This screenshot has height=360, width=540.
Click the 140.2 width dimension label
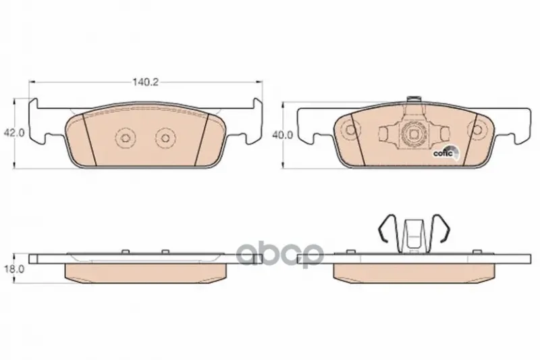click(145, 82)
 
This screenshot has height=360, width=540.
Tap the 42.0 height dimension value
click(13, 132)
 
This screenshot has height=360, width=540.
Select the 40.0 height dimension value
click(282, 135)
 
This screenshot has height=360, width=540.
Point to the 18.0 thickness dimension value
click(13, 269)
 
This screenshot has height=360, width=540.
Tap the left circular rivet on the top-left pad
click(125, 138)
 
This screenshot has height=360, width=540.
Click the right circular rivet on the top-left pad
click(165, 138)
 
